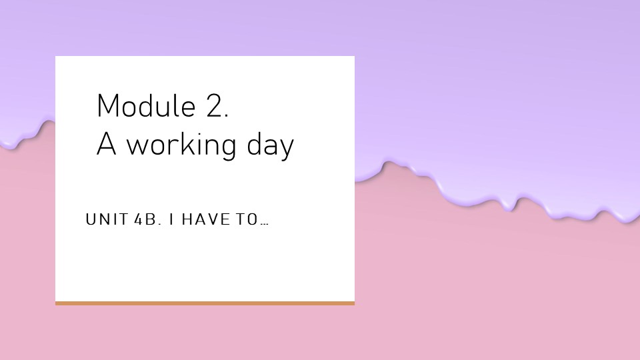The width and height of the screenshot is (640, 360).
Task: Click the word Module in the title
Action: (146, 106)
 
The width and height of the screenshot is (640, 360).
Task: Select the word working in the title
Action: (181, 144)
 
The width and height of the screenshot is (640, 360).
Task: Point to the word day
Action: (271, 145)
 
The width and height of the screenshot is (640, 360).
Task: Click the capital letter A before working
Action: (106, 144)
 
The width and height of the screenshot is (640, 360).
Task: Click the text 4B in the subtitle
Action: (145, 219)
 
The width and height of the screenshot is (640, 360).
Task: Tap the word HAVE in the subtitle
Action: (206, 219)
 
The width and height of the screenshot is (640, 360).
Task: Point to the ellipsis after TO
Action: (265, 224)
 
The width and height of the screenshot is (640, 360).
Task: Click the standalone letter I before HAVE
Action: (171, 219)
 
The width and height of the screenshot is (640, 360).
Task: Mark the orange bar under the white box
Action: (205, 303)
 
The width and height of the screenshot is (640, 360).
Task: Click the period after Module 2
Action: (226, 116)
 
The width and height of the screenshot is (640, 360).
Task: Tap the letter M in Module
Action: (107, 106)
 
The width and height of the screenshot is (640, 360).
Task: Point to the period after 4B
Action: (159, 224)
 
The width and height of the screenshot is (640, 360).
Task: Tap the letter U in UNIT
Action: (90, 219)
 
